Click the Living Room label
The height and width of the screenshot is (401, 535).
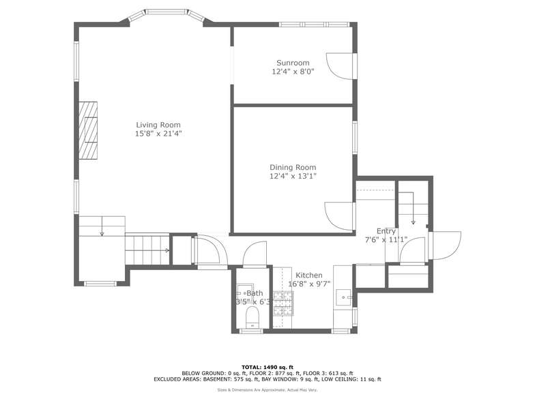(x=158, y=125)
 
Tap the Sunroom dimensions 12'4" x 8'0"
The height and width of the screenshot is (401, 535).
(x=293, y=71)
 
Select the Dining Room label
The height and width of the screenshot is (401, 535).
(x=293, y=167)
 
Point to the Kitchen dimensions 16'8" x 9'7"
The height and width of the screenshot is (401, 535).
(x=308, y=284)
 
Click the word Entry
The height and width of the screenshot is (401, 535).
(x=386, y=231)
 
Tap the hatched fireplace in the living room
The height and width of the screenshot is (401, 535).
(x=87, y=130)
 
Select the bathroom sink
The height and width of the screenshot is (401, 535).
(x=243, y=293)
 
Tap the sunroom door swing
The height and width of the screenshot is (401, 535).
(x=339, y=67)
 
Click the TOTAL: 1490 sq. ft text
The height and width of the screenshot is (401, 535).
(x=267, y=367)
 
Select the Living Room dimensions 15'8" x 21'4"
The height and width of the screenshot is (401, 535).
(x=158, y=134)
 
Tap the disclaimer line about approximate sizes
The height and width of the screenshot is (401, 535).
(x=267, y=390)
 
